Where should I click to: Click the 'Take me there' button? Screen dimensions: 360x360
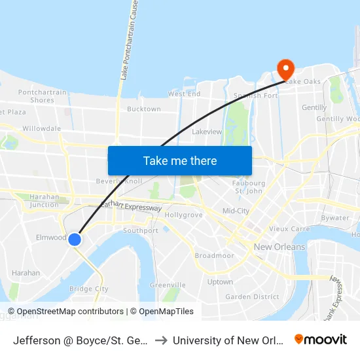[x=180, y=160]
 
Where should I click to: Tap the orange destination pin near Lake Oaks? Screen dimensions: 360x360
[x=285, y=69]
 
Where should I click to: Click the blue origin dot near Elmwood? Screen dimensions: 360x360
[x=75, y=240]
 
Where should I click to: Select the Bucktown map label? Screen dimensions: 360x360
[x=143, y=109]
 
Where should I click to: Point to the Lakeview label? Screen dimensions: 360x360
[x=207, y=132]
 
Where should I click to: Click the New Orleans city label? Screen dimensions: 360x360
[x=279, y=247]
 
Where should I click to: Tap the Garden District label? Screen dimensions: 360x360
[x=252, y=297]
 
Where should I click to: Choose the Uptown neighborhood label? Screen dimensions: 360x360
[x=220, y=282]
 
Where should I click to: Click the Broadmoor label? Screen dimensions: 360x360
[x=214, y=255]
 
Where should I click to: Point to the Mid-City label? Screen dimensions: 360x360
[x=236, y=211]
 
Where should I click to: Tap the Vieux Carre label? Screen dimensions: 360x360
[x=290, y=229]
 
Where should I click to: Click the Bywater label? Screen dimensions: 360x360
[x=335, y=218]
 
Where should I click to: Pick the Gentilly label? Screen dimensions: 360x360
[x=314, y=107]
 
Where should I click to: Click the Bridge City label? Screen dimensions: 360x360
[x=88, y=289]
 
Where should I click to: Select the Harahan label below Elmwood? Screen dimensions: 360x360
[x=26, y=273]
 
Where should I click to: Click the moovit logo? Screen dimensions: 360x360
[x=320, y=339]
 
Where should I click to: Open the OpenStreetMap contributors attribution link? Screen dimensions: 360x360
[x=69, y=312]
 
